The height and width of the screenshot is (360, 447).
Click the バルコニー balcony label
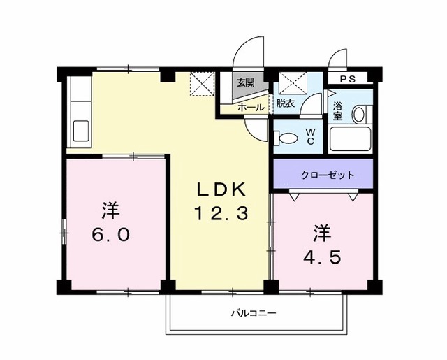(x=254, y=312)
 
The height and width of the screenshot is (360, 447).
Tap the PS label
(x=347, y=79)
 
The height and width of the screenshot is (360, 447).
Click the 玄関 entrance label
(x=244, y=83)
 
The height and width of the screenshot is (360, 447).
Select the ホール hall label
(x=251, y=108)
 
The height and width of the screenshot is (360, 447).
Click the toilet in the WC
(x=285, y=136)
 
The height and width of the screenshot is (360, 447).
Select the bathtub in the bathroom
(x=351, y=138)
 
